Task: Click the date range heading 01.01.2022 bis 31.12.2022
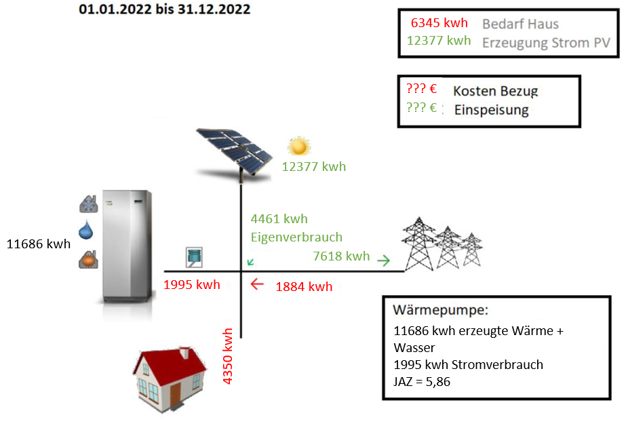click(165, 9)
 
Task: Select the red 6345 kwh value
click(439, 23)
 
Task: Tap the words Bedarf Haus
click(520, 24)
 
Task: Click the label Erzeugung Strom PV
click(546, 43)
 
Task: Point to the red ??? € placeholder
click(422, 88)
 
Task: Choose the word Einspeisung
click(492, 110)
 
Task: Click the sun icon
click(299, 147)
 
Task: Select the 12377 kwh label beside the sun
click(314, 166)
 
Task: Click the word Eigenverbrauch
click(296, 237)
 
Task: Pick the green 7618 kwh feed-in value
click(341, 256)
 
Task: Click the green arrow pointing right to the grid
click(384, 260)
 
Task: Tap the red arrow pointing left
click(257, 284)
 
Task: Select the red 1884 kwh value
click(304, 287)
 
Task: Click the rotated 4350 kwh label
click(227, 356)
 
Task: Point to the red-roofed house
click(170, 379)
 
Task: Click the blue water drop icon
click(86, 231)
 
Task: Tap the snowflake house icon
click(89, 204)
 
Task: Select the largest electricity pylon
click(418, 244)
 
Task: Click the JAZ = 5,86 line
click(422, 382)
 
